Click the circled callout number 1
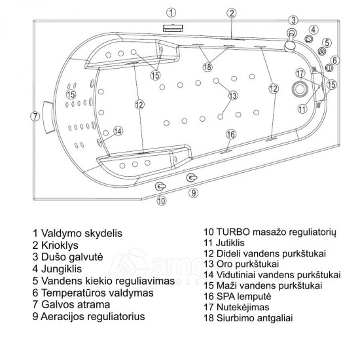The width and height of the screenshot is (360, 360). (x=171, y=13)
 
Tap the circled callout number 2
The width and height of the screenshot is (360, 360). (x=232, y=13)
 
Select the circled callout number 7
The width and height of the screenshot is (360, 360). (x=35, y=117)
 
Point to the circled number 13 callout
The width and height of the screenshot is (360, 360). (x=233, y=96)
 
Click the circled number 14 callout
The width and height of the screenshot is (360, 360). (x=118, y=131)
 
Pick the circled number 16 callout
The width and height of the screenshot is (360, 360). (x=231, y=134)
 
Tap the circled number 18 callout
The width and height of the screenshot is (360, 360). (x=207, y=67)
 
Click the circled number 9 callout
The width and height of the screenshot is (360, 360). (x=194, y=193)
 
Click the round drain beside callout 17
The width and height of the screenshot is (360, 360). (x=300, y=89)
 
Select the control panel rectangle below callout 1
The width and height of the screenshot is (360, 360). (x=173, y=27)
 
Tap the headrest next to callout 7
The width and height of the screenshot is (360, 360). (x=48, y=117)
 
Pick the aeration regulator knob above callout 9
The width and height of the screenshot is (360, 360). (x=192, y=177)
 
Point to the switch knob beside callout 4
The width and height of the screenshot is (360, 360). (x=308, y=39)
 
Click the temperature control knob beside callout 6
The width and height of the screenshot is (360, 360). (x=329, y=68)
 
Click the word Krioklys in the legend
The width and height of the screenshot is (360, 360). (x=60, y=245)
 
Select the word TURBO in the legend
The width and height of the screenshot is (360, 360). (x=233, y=232)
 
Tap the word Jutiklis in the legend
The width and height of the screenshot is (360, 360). (x=230, y=243)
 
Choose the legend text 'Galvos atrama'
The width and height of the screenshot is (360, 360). (x=75, y=304)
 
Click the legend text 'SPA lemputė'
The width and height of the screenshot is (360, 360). (x=244, y=297)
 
